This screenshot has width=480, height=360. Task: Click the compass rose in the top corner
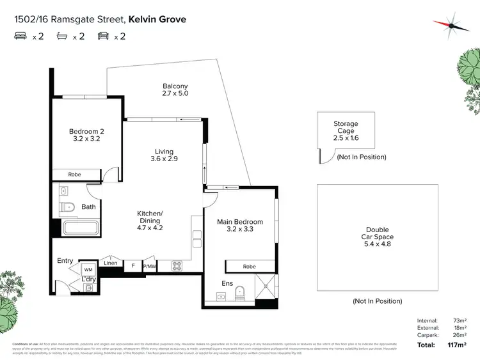(x=451, y=23)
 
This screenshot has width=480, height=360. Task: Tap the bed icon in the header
(x=21, y=36)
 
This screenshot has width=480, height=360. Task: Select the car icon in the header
(x=102, y=36)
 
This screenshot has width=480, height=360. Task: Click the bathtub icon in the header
(x=62, y=36)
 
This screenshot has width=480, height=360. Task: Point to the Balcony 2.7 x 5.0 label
(x=175, y=90)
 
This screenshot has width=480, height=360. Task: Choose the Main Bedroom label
(x=239, y=226)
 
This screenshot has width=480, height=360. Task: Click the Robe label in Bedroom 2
(x=75, y=174)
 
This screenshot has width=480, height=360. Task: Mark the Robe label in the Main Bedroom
(x=250, y=267)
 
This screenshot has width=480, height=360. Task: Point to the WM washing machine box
(x=88, y=270)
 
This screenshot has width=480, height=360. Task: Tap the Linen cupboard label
(x=110, y=263)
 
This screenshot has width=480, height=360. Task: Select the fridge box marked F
(x=132, y=265)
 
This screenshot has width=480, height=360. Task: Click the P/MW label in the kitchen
(x=149, y=265)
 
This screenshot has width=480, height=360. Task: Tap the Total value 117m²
(x=457, y=345)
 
